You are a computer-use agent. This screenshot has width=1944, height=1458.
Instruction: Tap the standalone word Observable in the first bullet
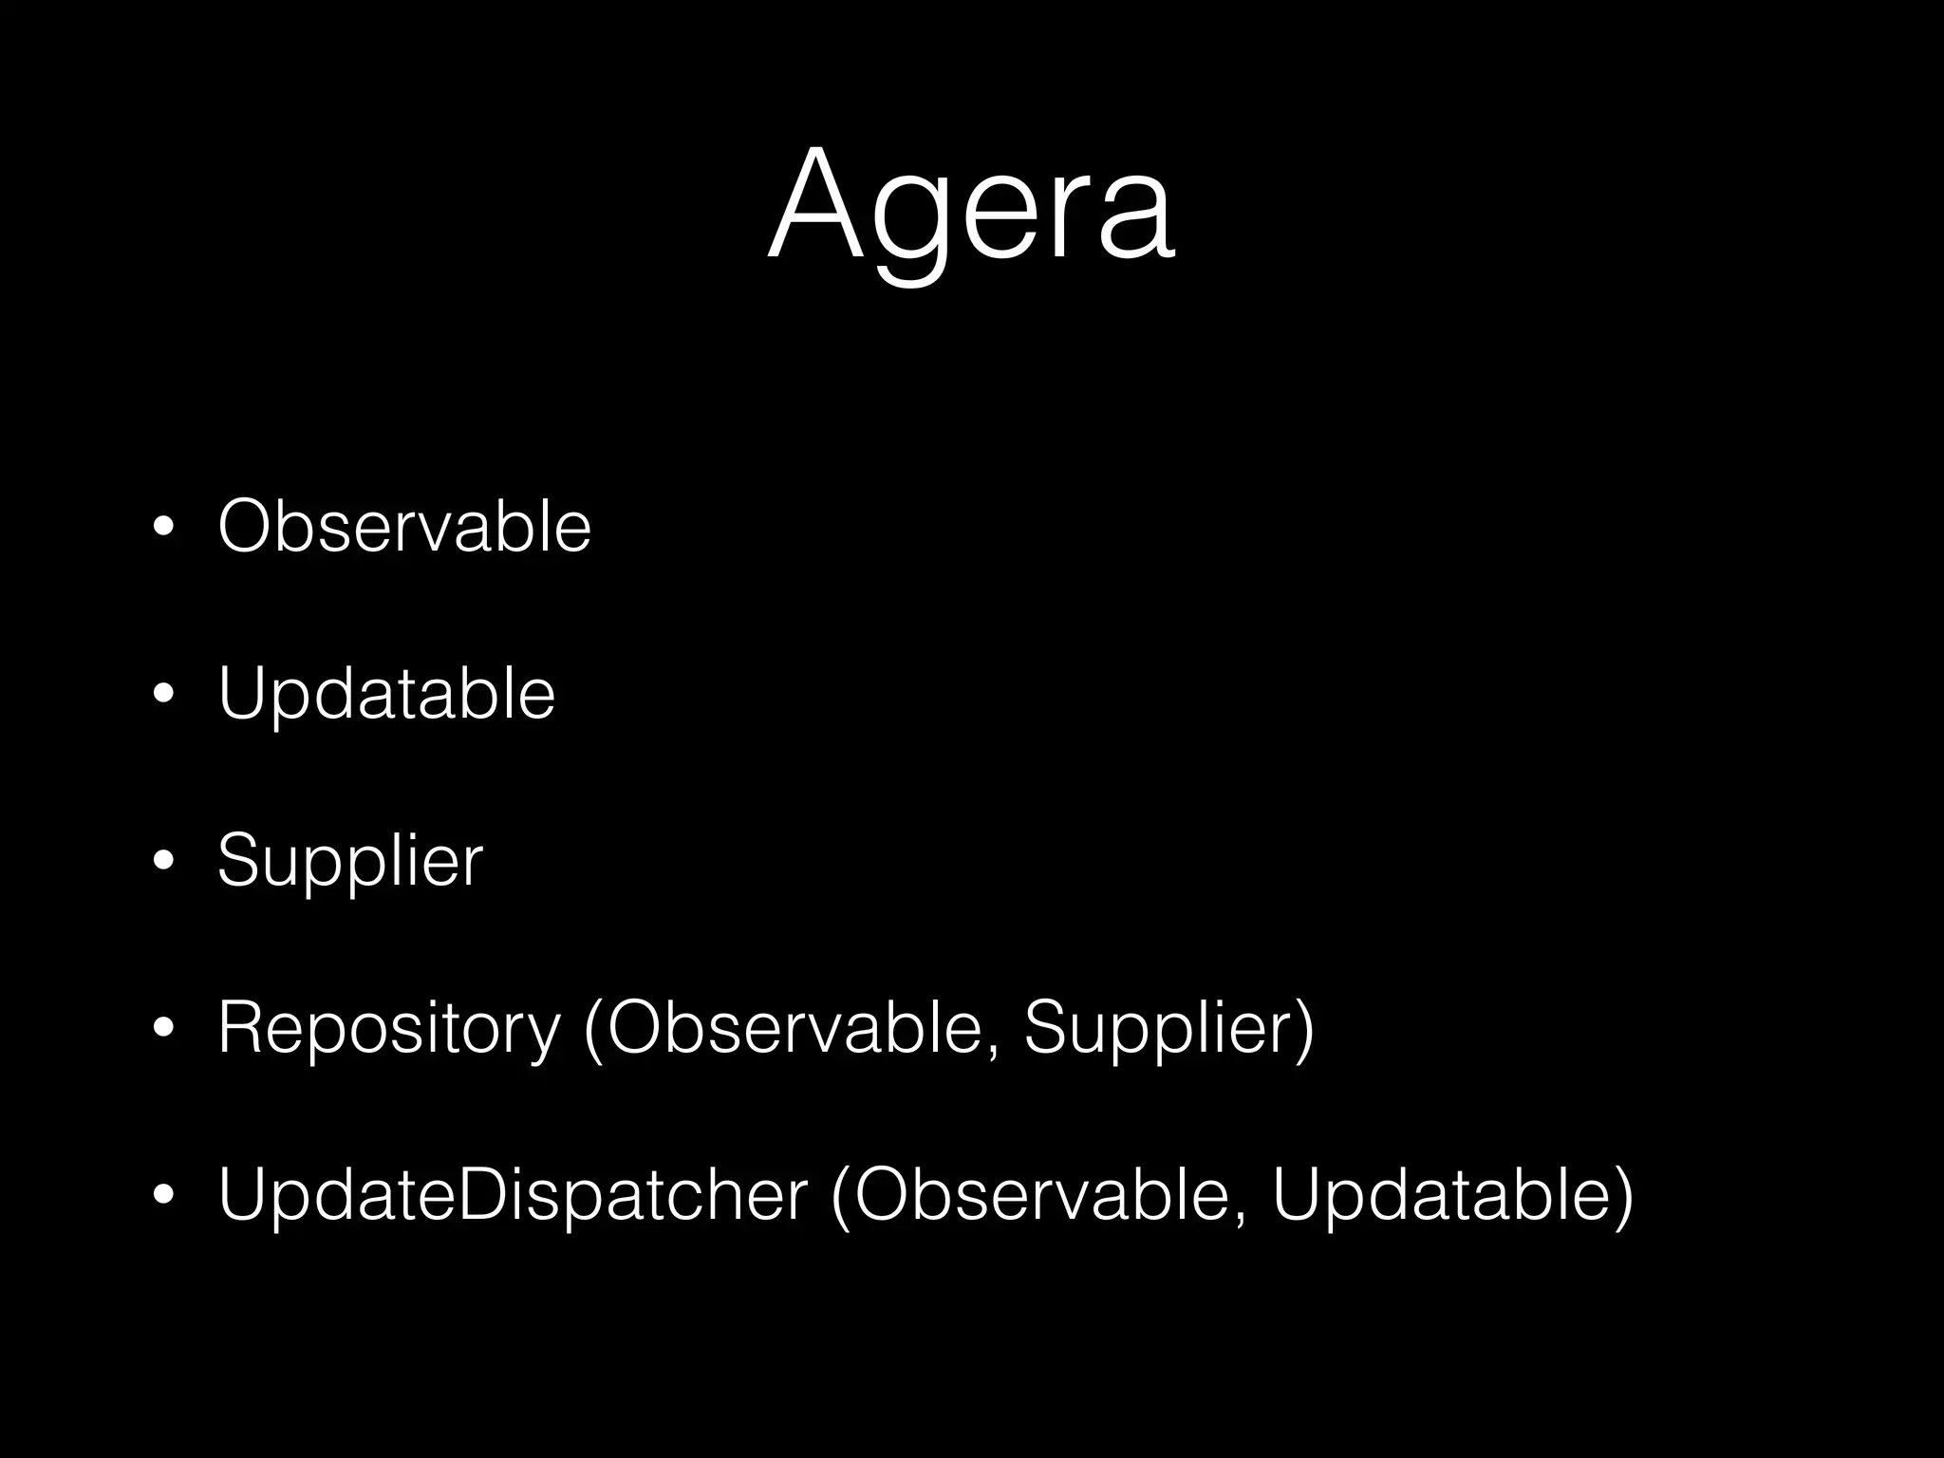pyautogui.click(x=404, y=526)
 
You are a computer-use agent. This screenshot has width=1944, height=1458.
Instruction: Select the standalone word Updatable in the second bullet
pyautogui.click(x=386, y=694)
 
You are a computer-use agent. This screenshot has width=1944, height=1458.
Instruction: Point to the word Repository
pyautogui.click(x=389, y=1028)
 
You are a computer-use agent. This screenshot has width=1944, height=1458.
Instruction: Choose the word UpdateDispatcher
pyautogui.click(x=513, y=1194)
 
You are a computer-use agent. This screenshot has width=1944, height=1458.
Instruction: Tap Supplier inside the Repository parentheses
pyautogui.click(x=1157, y=1028)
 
